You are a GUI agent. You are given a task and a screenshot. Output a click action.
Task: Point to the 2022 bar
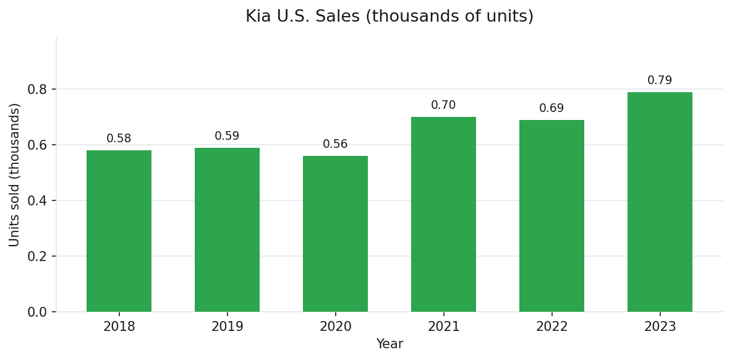click(x=551, y=216)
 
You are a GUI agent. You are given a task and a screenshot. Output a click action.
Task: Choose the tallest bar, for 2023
click(x=660, y=202)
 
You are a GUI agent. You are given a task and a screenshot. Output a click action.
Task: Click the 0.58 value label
click(x=119, y=139)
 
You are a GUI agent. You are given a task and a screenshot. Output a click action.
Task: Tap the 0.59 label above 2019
click(x=227, y=136)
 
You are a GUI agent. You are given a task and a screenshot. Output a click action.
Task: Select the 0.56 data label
click(x=335, y=144)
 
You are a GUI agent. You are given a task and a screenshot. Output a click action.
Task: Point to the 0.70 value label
click(x=443, y=105)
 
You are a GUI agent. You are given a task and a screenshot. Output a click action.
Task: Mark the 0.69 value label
click(x=551, y=108)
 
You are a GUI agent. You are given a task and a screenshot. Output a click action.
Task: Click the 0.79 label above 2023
click(x=660, y=80)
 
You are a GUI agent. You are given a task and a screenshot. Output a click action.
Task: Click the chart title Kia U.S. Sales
click(x=389, y=17)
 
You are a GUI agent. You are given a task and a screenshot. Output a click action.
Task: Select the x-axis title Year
click(x=389, y=344)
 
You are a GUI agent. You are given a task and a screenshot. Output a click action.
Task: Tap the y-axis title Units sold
click(x=15, y=174)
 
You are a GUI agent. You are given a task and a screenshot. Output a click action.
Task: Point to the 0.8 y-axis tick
click(x=37, y=89)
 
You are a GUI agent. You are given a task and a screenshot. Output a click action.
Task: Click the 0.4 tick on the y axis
click(x=37, y=200)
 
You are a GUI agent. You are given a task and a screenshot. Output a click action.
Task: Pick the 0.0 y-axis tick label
click(x=37, y=312)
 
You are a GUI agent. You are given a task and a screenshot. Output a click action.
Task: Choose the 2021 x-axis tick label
click(x=443, y=327)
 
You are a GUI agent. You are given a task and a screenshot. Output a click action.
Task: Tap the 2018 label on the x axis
click(x=119, y=327)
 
